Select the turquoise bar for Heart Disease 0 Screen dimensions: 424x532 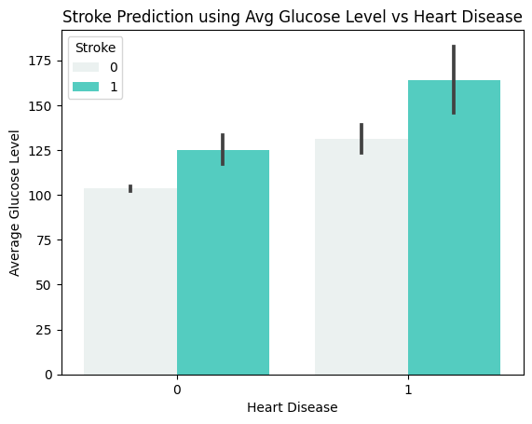223,262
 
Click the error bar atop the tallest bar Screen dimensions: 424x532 454,79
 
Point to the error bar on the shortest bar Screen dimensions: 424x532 130,188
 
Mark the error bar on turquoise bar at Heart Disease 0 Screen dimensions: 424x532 223,149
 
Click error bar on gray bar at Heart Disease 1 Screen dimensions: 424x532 361,138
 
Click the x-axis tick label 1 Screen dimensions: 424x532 408,389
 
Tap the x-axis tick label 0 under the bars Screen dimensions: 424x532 177,389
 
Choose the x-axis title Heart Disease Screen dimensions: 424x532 292,408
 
